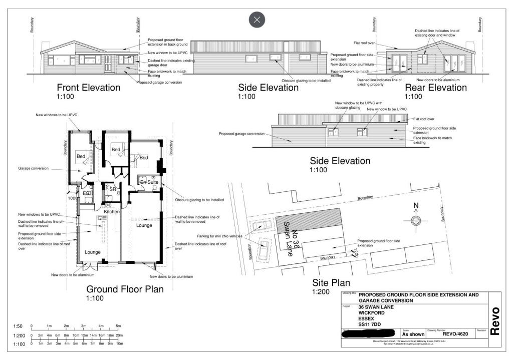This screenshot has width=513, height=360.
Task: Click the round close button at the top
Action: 257,20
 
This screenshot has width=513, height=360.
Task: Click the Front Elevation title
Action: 89,88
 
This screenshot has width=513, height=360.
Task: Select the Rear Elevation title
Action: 436,88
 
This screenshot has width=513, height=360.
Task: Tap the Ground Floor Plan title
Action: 125,289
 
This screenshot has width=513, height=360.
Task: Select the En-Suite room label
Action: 149,182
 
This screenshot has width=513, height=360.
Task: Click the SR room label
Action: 113,189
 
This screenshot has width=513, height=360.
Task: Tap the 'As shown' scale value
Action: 413,334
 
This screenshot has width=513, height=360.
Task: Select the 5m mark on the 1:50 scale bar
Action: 118,326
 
